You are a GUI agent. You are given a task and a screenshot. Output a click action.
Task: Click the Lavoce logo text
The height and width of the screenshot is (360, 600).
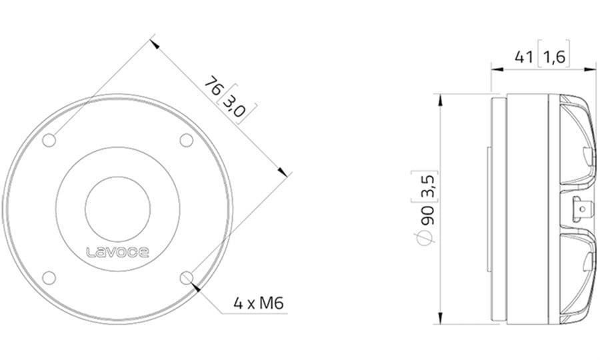[117, 252]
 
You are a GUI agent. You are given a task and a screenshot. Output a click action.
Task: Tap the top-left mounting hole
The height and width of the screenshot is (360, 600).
[49, 141]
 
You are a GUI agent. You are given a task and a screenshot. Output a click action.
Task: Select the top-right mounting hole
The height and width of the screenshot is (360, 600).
[187, 141]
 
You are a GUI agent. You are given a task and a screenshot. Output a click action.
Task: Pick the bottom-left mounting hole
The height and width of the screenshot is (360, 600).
[49, 278]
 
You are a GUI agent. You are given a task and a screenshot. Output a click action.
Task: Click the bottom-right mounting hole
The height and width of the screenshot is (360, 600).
[187, 278]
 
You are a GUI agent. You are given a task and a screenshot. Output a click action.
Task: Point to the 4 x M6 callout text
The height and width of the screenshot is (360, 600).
[259, 304]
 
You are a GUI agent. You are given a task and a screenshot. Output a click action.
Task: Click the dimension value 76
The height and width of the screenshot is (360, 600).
[213, 86]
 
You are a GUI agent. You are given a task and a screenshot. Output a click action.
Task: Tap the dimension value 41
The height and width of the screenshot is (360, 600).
[524, 57]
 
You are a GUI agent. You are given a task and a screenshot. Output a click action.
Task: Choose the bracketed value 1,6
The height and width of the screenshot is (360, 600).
[555, 57]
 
